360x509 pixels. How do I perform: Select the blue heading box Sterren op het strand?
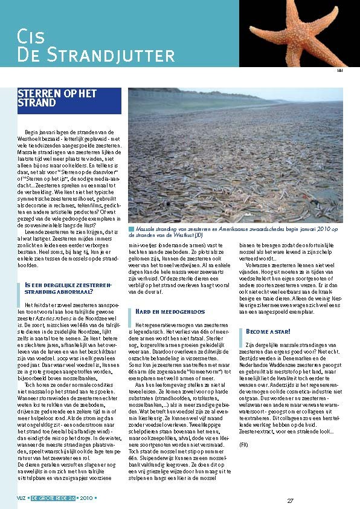tap(65, 99)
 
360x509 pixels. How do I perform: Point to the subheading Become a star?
tap(268, 332)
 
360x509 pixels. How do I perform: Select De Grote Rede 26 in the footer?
tap(56, 499)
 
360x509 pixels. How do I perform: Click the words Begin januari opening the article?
tap(40, 131)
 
